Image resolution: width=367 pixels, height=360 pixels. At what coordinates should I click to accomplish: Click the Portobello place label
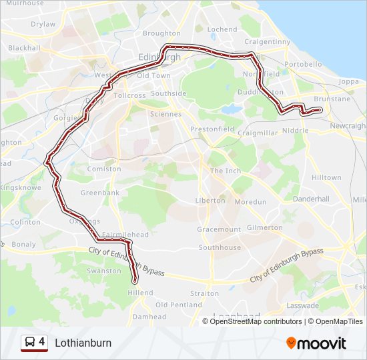click(303, 64)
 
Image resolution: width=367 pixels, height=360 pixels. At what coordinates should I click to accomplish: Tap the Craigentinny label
click(268, 41)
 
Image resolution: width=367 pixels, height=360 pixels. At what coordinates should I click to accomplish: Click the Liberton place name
click(210, 201)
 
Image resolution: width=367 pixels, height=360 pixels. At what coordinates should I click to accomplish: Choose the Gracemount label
click(219, 229)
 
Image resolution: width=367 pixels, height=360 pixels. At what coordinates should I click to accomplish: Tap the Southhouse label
click(220, 247)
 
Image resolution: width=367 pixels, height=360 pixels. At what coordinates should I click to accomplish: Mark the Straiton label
click(204, 293)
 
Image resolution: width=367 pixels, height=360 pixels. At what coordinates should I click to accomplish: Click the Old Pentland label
click(179, 305)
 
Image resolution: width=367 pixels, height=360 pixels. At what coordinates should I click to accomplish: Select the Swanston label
click(104, 271)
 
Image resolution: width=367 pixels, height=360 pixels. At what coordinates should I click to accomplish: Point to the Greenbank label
click(100, 193)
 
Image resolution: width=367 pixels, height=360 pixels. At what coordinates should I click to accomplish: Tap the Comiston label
click(105, 169)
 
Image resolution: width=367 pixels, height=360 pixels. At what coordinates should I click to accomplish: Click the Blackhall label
click(24, 48)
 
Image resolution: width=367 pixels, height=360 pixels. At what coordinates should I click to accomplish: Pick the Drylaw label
click(43, 24)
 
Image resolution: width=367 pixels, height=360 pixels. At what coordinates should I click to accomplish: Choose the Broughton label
click(161, 33)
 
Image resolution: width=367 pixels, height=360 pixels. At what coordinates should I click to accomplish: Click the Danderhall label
click(311, 199)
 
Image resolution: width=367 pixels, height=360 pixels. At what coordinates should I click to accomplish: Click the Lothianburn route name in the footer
click(83, 343)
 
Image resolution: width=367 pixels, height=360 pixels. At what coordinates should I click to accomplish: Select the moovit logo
click(316, 343)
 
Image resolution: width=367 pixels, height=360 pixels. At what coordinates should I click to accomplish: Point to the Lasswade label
click(302, 305)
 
